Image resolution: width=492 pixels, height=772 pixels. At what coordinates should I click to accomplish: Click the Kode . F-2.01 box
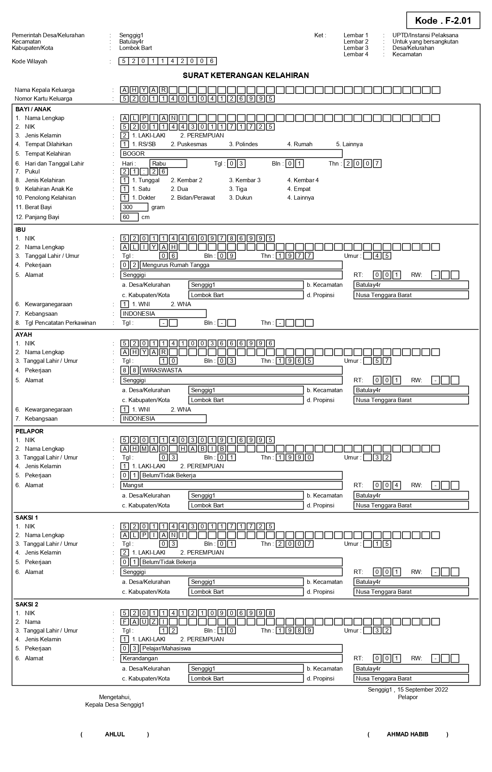(443, 21)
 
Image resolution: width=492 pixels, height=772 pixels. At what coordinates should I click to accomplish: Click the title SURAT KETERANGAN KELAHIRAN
(246, 75)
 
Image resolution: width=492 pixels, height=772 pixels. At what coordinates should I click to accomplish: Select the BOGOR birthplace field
(232, 154)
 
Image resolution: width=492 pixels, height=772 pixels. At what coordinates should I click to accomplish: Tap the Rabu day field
(168, 164)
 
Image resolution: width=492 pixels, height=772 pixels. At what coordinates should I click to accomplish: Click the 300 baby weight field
(134, 207)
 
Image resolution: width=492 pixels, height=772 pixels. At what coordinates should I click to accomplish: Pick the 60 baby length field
(130, 217)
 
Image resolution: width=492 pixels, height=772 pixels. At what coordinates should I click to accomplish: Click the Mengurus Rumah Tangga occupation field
(241, 265)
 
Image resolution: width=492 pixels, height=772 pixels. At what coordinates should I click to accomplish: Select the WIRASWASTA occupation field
(241, 370)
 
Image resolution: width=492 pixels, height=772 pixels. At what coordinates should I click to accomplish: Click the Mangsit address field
(232, 485)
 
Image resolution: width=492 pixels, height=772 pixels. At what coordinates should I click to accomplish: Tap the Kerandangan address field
(232, 658)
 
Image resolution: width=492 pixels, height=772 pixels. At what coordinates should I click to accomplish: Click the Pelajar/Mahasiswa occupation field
(241, 648)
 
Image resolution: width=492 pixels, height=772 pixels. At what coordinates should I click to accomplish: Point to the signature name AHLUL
(115, 734)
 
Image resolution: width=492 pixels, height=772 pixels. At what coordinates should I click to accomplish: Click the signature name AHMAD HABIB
(408, 734)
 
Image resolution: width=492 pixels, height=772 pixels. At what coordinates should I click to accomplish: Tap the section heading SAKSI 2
(27, 604)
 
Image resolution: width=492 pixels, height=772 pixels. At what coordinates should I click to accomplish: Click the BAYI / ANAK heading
(33, 109)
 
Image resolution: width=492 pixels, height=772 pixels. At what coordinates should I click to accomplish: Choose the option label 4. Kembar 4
(303, 180)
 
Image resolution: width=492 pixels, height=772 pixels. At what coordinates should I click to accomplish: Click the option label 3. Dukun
(240, 198)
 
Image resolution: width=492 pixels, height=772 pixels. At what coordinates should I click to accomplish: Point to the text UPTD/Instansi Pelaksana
(425, 35)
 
